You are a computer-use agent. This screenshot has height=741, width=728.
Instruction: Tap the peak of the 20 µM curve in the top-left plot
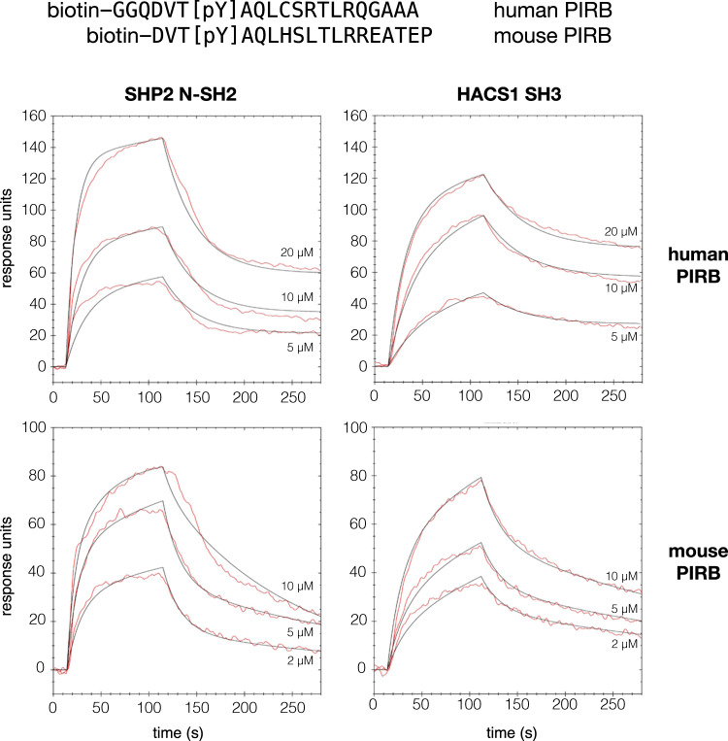click(x=163, y=138)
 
